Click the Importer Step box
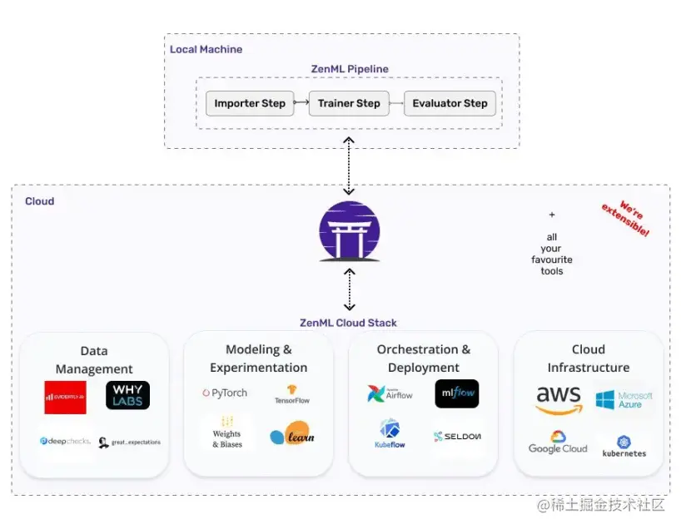(250, 104)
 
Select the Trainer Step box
(349, 104)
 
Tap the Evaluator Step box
(450, 104)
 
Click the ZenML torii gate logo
(350, 231)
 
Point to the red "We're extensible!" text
(626, 219)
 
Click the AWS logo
(559, 400)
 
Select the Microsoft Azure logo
(624, 400)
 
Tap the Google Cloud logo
(558, 442)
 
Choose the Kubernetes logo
(624, 447)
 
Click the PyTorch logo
(224, 393)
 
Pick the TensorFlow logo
(292, 394)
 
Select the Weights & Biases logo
(226, 433)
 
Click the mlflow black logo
(457, 394)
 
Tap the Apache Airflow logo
(390, 393)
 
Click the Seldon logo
(457, 436)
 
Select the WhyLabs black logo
(127, 396)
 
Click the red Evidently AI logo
(65, 397)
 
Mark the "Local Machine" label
(206, 49)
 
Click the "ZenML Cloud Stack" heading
(349, 323)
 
